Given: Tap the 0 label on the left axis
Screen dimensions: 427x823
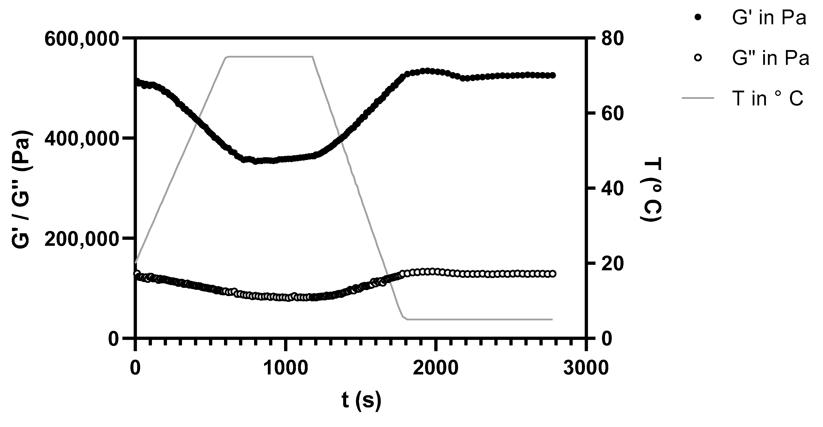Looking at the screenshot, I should [114, 339].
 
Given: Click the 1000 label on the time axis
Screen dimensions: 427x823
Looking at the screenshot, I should [286, 368].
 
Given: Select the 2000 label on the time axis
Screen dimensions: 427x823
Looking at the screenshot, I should [436, 368].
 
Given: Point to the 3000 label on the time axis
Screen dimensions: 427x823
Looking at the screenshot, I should [586, 368].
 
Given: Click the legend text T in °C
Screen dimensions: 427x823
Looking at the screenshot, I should [767, 99].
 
